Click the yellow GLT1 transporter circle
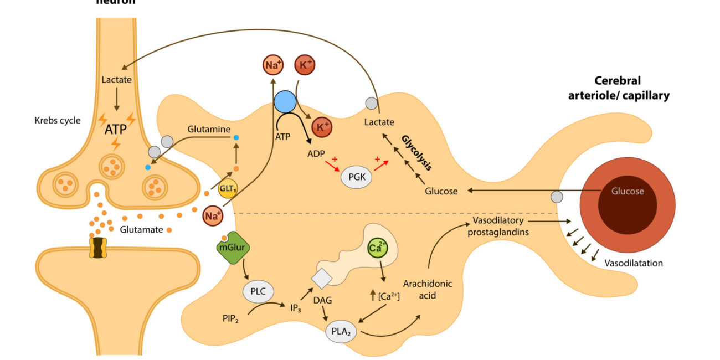pyautogui.click(x=225, y=187)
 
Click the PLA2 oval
pyautogui.click(x=340, y=331)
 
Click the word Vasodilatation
pyautogui.click(x=634, y=263)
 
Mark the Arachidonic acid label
pyautogui.click(x=428, y=289)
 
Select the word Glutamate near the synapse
pyautogui.click(x=137, y=229)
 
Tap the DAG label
pyautogui.click(x=323, y=300)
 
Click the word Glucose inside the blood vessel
pyautogui.click(x=628, y=192)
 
